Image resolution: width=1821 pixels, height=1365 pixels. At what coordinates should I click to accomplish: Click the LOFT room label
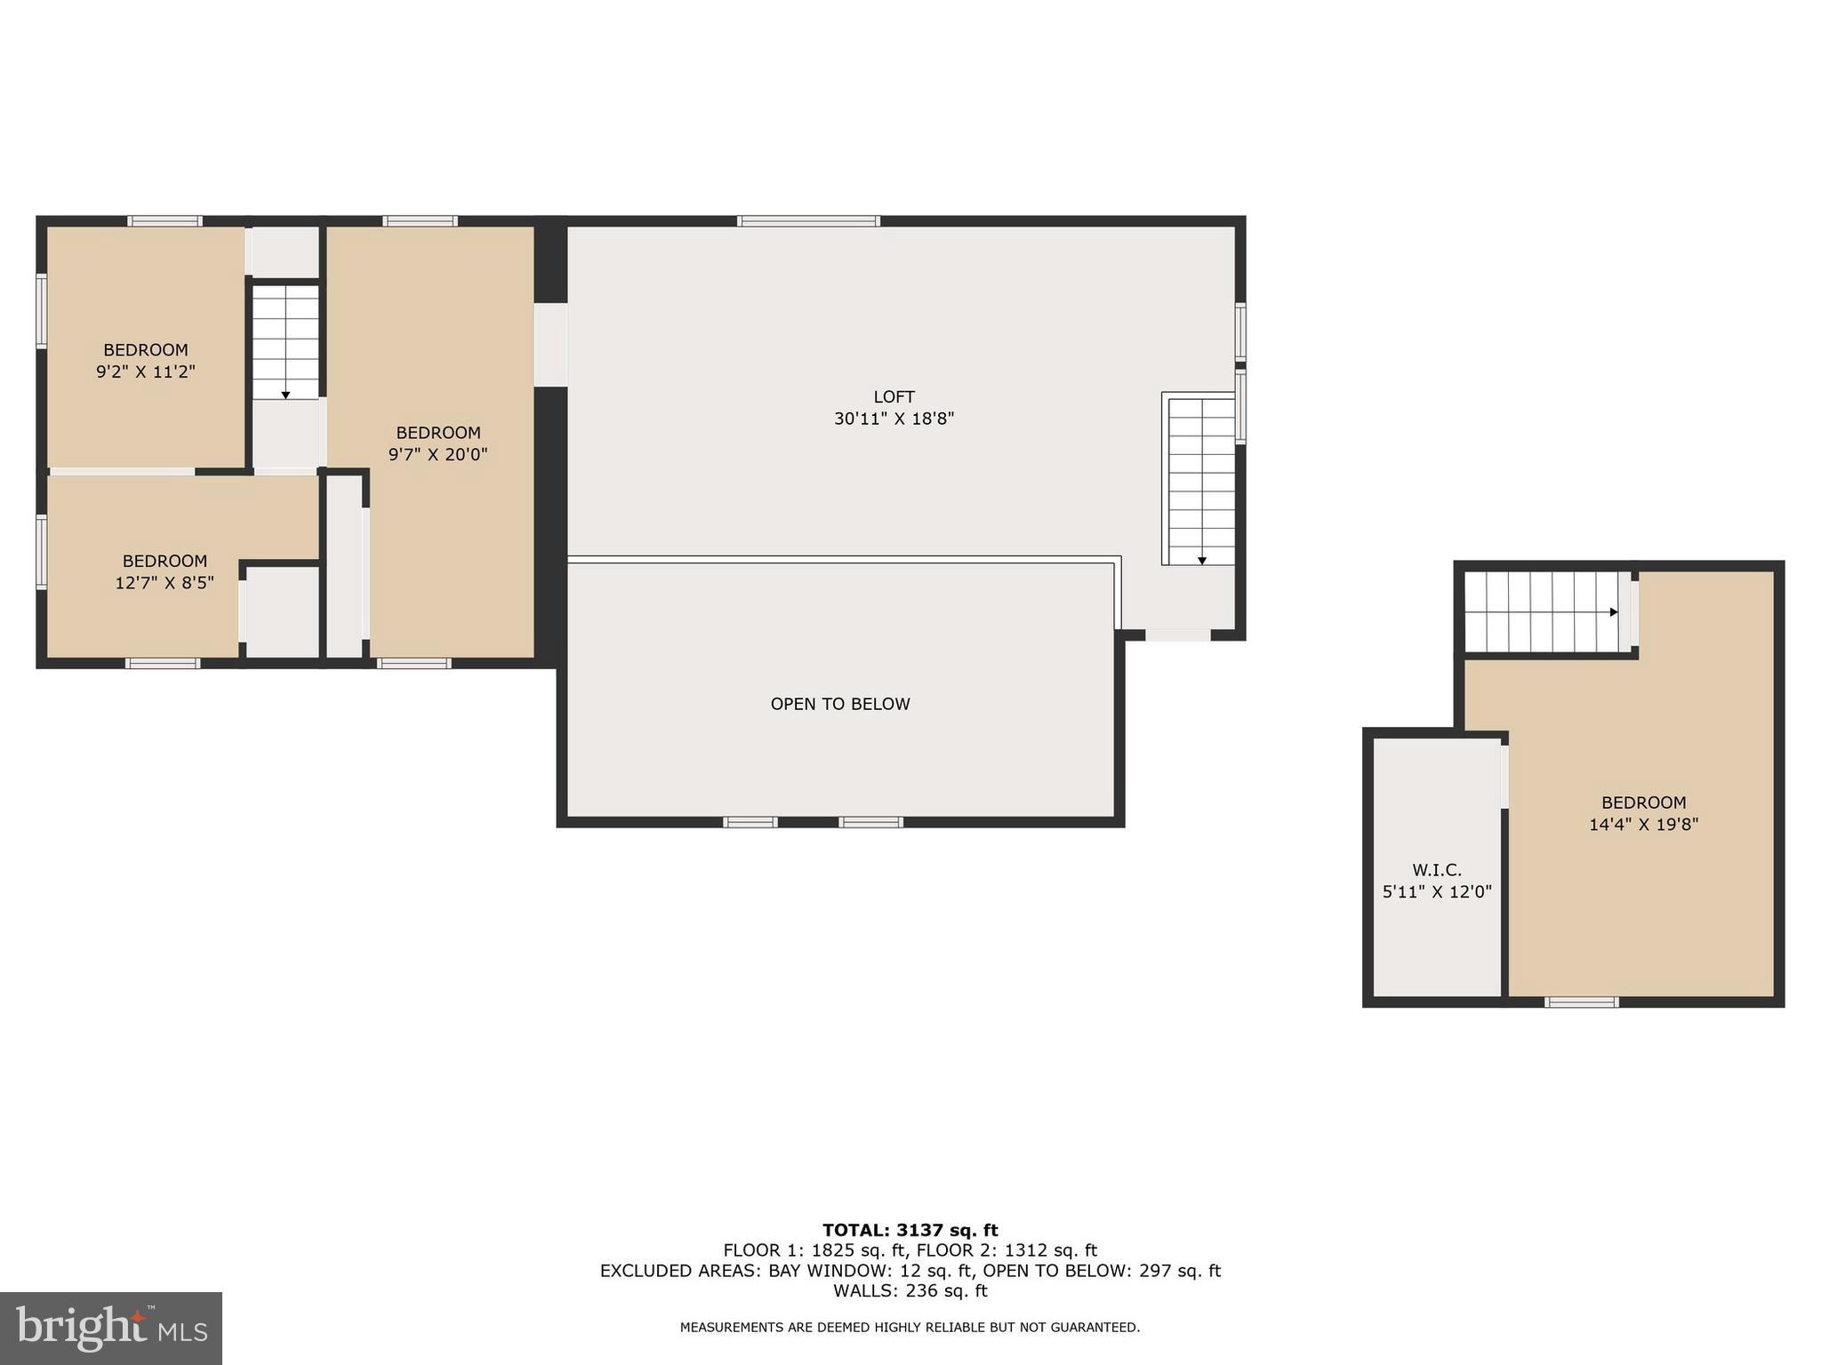click(x=894, y=396)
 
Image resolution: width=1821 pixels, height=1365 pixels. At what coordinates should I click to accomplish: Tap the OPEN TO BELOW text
click(x=839, y=704)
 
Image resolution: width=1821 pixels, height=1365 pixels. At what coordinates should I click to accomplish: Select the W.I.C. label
click(x=1436, y=870)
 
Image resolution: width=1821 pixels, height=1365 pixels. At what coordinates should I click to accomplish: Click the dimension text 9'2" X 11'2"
click(x=146, y=371)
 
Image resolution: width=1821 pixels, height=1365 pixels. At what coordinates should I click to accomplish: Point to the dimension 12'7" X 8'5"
click(x=164, y=583)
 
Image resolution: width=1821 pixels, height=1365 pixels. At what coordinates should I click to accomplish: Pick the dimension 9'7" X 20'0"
click(x=437, y=454)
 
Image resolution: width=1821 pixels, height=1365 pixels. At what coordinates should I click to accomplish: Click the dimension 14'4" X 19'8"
click(x=1643, y=824)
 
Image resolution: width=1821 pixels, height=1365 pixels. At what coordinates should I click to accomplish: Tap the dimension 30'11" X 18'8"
click(x=894, y=419)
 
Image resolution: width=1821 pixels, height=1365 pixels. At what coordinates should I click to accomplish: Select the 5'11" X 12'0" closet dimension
click(x=1436, y=891)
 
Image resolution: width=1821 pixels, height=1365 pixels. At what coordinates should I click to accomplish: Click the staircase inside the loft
click(x=1201, y=480)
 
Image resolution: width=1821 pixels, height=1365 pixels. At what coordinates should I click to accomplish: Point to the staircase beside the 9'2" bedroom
click(x=285, y=341)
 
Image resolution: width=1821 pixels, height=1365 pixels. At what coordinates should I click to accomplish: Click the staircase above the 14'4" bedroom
click(x=1540, y=611)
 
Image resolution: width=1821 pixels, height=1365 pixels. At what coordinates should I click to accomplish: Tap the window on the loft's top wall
click(x=808, y=221)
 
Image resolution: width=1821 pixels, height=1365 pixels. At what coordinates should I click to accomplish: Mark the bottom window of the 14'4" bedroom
click(x=1581, y=1002)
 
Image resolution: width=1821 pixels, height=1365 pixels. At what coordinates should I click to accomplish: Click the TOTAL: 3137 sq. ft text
click(x=910, y=1230)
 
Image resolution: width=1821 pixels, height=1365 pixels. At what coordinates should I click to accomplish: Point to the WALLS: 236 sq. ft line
click(x=910, y=1291)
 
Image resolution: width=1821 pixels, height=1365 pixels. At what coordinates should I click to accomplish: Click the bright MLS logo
click(x=111, y=1329)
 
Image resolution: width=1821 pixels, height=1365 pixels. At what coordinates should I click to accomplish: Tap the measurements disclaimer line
click(x=910, y=1328)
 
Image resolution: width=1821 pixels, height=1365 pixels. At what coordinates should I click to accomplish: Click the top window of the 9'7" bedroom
click(x=420, y=221)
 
